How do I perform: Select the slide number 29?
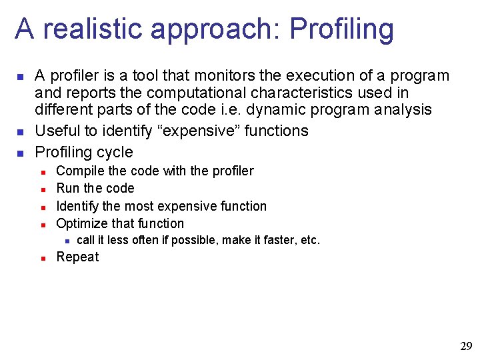point(466,346)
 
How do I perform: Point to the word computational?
point(199,93)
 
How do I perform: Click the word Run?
point(67,189)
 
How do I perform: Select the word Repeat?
point(77,257)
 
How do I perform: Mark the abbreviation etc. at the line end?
point(311,240)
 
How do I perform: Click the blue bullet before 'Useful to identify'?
point(20,131)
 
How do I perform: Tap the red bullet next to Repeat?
point(42,258)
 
